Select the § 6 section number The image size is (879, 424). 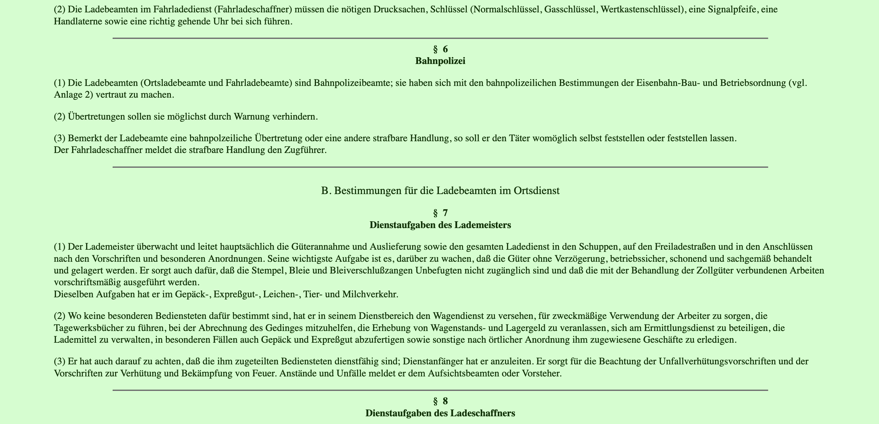click(x=440, y=49)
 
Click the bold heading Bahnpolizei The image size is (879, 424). click(x=440, y=61)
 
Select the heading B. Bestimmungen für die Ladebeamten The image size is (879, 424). click(x=440, y=191)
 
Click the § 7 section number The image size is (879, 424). click(x=440, y=213)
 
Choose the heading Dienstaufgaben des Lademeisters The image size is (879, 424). click(x=440, y=225)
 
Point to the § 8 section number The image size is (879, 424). click(x=440, y=401)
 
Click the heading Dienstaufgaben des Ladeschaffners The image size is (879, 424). click(x=440, y=413)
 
